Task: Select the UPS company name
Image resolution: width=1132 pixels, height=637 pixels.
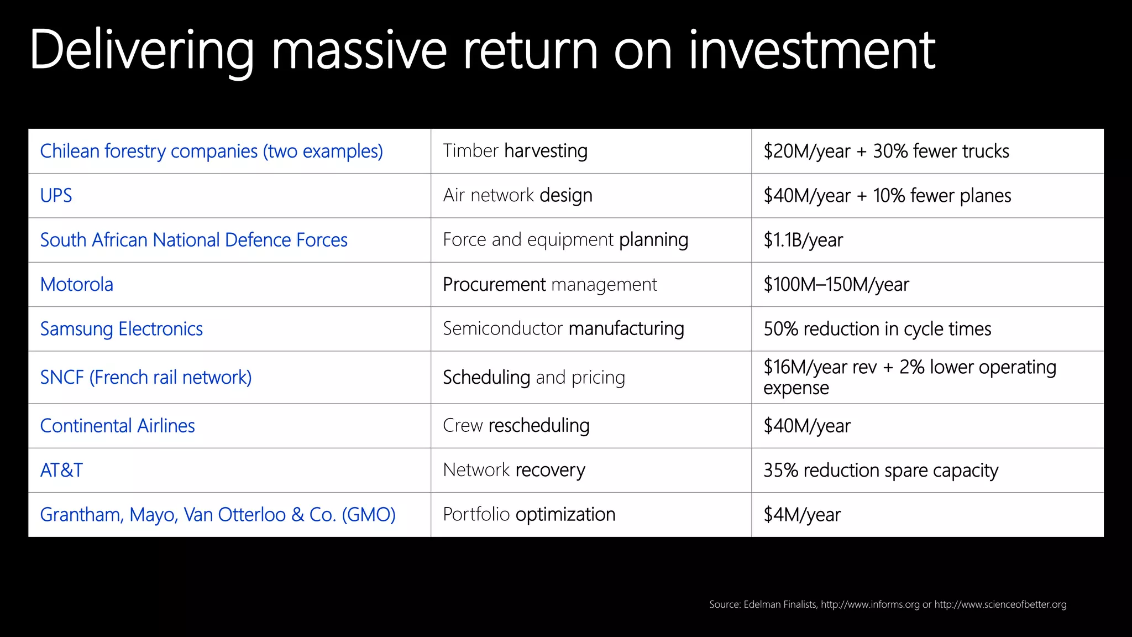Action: coord(56,196)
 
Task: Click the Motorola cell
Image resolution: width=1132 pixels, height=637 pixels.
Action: coord(77,285)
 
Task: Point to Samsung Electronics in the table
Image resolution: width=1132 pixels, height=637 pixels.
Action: coord(122,329)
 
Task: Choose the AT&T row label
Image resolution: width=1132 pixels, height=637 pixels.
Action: coord(61,471)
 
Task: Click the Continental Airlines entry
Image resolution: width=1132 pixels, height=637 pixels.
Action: coord(118,426)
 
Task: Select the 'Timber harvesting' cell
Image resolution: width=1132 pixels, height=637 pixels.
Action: coord(515,151)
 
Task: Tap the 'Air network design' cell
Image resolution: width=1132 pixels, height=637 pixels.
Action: coord(517,196)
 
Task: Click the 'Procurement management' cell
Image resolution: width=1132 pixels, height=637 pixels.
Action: coord(550,285)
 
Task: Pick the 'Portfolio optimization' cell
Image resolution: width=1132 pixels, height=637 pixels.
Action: coord(529,515)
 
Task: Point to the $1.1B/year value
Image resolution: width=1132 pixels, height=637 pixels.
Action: coord(803,240)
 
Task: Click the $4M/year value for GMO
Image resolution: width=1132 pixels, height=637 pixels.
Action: coord(802,515)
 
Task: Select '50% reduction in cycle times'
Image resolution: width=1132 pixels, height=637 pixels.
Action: coord(877,329)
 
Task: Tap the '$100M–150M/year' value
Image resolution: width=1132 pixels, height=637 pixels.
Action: coord(836,285)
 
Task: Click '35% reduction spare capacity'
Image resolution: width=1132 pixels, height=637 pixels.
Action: coord(881,471)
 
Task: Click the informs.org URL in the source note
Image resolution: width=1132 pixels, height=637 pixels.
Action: coord(870,604)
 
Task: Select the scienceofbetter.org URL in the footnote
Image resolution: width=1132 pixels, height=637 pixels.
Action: coord(1000,604)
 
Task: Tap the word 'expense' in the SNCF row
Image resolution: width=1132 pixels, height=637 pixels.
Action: coord(796,388)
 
